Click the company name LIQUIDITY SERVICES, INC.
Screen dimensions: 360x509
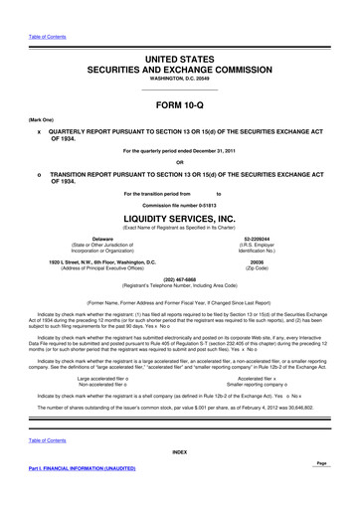pyautogui.click(x=180, y=216)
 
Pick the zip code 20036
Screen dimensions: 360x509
pyautogui.click(x=261, y=262)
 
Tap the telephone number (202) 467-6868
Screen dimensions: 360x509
pyautogui.click(x=180, y=280)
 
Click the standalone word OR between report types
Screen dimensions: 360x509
pyautogui.click(x=180, y=163)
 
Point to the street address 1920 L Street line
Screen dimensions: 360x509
pyautogui.click(x=100, y=262)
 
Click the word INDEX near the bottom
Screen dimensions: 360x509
pyautogui.click(x=180, y=480)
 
